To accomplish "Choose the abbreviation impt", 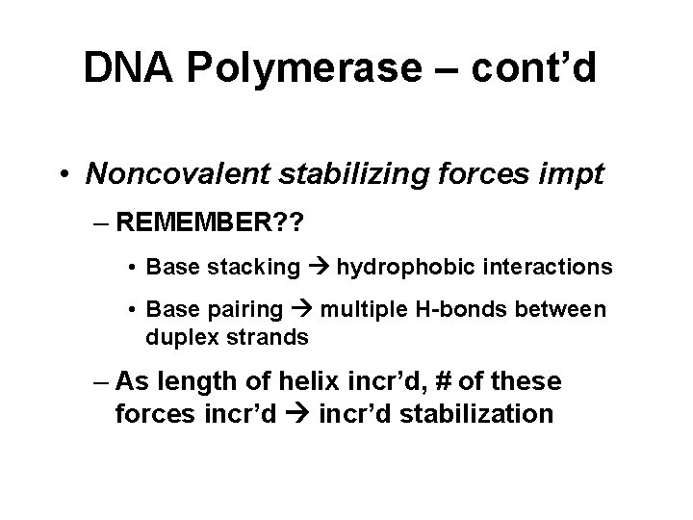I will click(549, 173).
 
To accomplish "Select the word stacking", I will click(257, 267).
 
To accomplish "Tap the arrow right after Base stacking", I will click(319, 267).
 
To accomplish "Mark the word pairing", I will click(250, 311).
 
